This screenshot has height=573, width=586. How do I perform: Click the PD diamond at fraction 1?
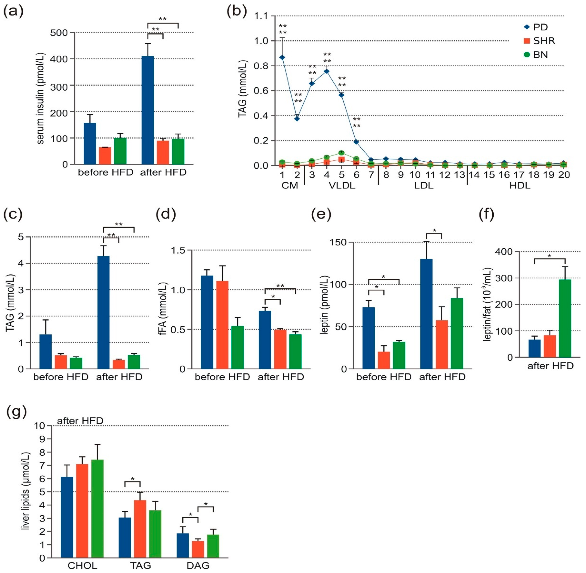pos(282,57)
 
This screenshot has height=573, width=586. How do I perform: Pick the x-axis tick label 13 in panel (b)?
pos(459,175)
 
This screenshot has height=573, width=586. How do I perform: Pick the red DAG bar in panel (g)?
pos(198,549)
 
